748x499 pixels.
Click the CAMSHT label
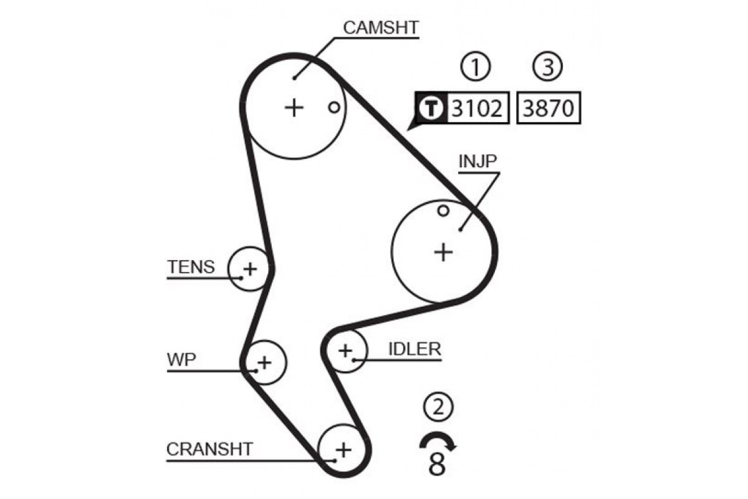381,27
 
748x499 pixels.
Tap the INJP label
477,161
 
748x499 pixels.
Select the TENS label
191,267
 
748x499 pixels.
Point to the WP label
181,360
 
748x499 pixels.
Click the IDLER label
415,349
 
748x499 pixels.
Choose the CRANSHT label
209,449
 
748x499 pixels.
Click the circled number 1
476,67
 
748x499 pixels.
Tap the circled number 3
547,67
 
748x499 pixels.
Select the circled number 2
438,407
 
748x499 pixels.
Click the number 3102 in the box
477,109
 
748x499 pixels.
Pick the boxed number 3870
549,109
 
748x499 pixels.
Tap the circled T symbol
431,108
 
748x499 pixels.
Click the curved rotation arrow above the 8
438,435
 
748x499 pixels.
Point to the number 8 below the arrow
437,465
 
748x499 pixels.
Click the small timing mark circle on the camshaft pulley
334,108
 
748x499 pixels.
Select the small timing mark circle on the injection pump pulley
443,211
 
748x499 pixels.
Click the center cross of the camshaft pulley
294,108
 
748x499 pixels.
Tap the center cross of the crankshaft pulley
343,450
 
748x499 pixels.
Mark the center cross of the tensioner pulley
250,269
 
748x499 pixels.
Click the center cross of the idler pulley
345,351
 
